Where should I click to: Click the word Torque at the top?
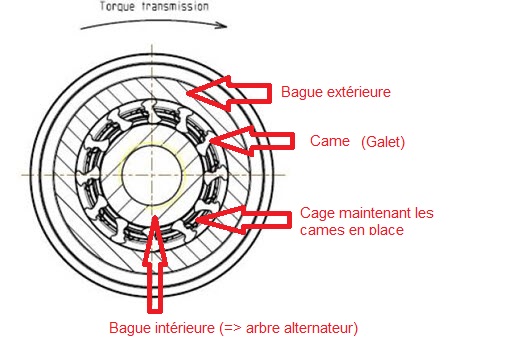pos(118,6)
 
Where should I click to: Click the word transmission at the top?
pos(175,6)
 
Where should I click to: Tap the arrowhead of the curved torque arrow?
pos(222,25)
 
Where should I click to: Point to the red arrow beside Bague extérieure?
pos(229,93)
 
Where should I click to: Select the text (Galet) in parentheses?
pos(383,142)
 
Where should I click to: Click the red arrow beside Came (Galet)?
pos(252,141)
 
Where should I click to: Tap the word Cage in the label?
pos(317,214)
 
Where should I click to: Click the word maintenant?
pos(375,213)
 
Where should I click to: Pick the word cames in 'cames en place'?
pos(319,231)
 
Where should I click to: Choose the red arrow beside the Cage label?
pos(243,220)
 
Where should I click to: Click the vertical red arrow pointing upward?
pos(155,264)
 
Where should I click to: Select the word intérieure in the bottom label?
pos(185,328)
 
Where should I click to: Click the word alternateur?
pos(318,328)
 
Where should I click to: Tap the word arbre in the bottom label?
pos(263,328)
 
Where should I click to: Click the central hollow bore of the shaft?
pos(153,174)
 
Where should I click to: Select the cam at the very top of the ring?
pos(150,109)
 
